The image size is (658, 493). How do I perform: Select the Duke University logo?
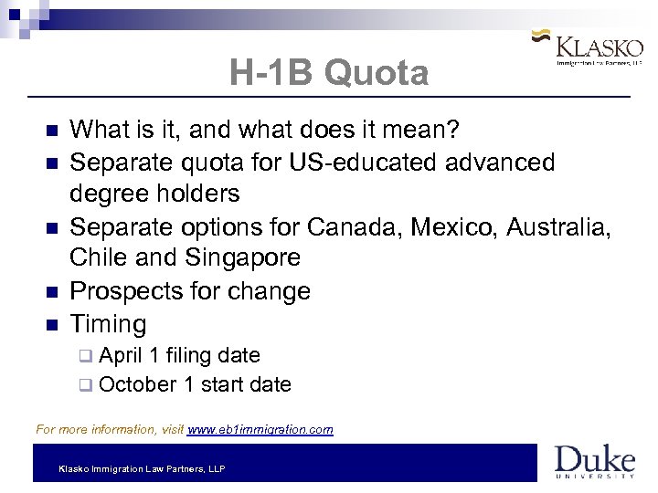[x=594, y=461]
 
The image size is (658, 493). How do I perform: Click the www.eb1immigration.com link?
[x=260, y=428]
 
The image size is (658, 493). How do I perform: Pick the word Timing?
[x=108, y=324]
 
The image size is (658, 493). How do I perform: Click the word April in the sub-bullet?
[x=121, y=355]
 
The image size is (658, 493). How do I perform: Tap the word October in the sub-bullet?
[x=137, y=384]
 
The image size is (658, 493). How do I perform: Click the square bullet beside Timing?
[x=50, y=325]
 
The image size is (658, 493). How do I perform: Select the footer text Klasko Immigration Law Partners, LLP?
[x=142, y=468]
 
